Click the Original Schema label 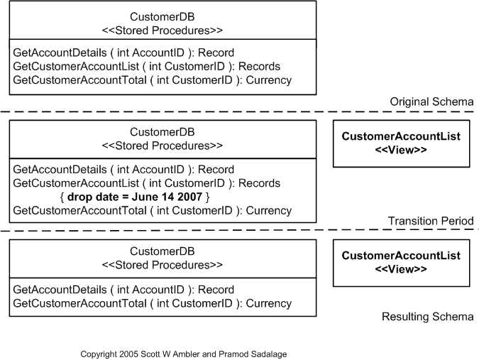click(x=431, y=102)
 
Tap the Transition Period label click(x=430, y=222)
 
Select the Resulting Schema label click(x=427, y=317)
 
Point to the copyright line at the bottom click(x=183, y=354)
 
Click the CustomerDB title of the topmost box click(x=163, y=17)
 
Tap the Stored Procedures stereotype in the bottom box click(x=163, y=266)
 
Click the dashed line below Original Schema click(x=213, y=112)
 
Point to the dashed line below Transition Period click(x=213, y=231)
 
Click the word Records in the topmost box click(x=260, y=67)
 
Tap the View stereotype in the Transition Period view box click(x=401, y=151)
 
